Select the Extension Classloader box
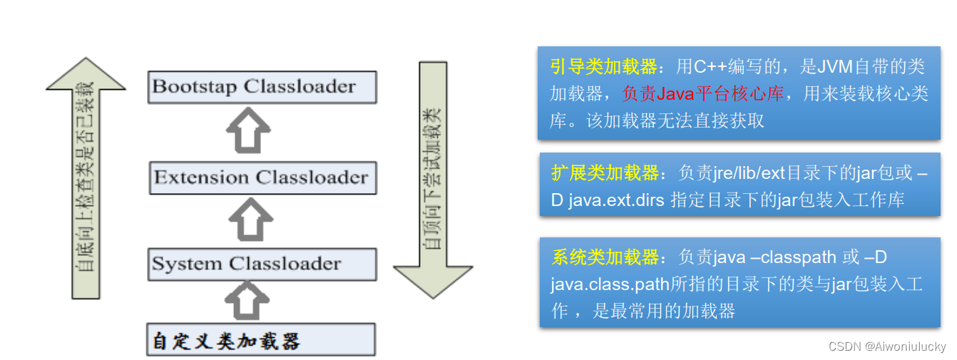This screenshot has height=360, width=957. tap(262, 177)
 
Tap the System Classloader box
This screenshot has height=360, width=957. tap(262, 264)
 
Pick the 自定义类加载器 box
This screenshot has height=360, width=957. tap(262, 340)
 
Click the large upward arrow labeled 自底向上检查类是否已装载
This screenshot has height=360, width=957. tap(86, 178)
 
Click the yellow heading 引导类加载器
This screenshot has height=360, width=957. tap(603, 67)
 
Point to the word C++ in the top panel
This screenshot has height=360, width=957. tap(711, 67)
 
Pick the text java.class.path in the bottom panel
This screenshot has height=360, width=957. tap(609, 284)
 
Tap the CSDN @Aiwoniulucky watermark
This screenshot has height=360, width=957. tap(887, 346)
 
